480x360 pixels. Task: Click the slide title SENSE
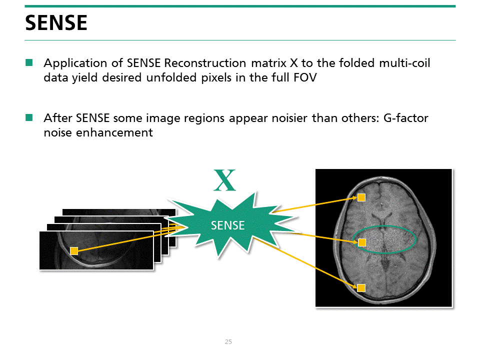[x=56, y=23]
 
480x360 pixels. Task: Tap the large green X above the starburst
[x=224, y=181]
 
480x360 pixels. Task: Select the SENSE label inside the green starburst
[x=228, y=225]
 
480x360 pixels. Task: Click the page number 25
[x=228, y=342]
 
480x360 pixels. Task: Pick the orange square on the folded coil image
[x=74, y=251]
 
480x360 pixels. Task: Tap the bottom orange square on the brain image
[x=361, y=287]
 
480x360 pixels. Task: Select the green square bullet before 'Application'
[x=29, y=63]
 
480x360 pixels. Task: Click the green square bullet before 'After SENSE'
[x=29, y=118]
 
